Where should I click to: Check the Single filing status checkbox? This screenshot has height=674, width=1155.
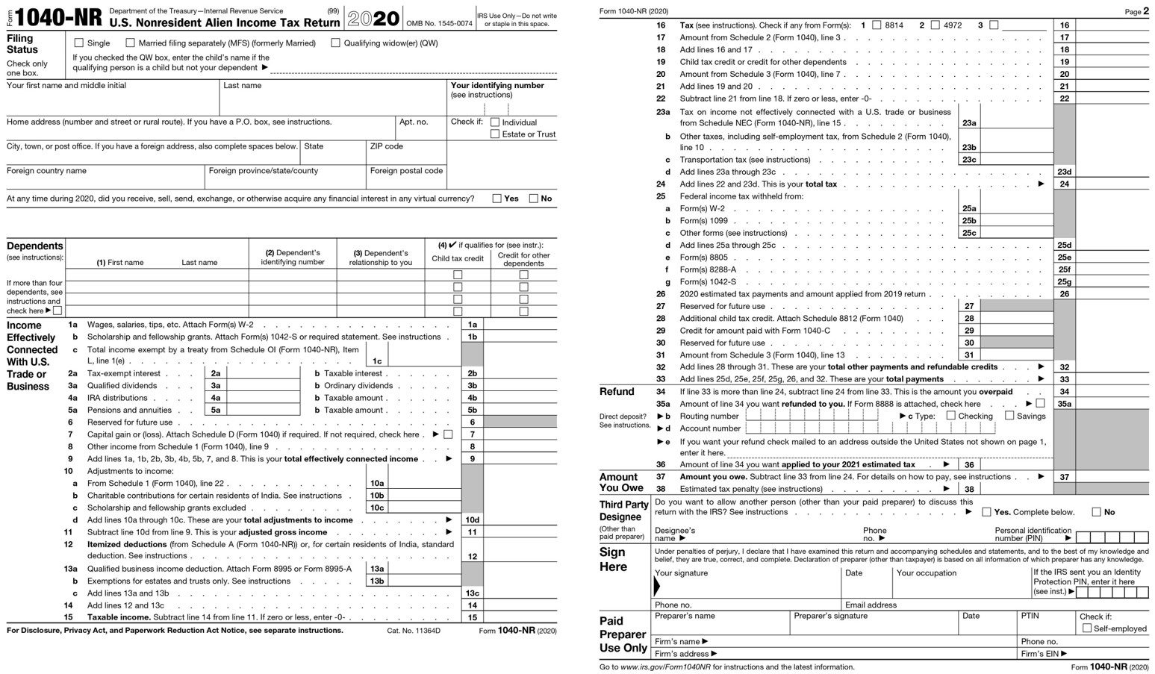click(79, 43)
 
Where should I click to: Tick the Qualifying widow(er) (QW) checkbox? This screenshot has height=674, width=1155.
click(335, 43)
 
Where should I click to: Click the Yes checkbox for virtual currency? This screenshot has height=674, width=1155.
click(496, 199)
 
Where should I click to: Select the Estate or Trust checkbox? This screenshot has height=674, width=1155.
click(495, 134)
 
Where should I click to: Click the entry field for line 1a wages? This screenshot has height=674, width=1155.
click(520, 325)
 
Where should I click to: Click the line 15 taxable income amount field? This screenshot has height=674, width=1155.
click(520, 617)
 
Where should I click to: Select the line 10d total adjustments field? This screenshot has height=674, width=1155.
click(520, 519)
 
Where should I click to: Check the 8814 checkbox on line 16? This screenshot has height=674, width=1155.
click(877, 25)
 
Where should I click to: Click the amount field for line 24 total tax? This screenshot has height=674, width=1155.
click(1112, 184)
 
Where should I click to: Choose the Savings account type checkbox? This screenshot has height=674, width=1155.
click(1009, 416)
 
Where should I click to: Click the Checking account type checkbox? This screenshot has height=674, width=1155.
click(950, 416)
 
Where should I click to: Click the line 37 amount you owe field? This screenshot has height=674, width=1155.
click(1112, 477)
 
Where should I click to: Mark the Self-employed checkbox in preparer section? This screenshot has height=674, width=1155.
click(1087, 628)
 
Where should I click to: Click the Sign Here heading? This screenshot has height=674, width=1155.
click(613, 559)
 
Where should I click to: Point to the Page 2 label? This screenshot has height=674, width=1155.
click(1136, 11)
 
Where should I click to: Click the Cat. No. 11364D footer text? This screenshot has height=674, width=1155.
click(414, 631)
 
